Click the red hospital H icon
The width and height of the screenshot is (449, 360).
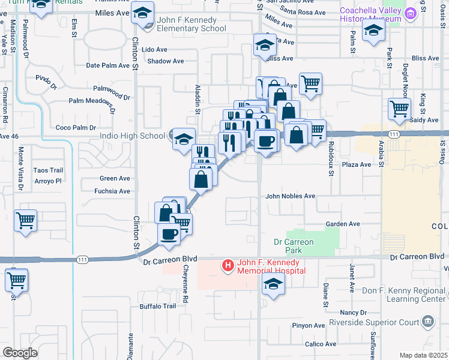[x=228, y=265]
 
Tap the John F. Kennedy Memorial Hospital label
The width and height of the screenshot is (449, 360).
[x=271, y=266]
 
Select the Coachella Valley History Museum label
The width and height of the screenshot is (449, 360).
[x=370, y=15]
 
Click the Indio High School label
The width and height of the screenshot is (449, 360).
[x=131, y=136]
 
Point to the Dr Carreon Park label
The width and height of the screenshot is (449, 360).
[x=294, y=246]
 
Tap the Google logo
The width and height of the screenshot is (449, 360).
[x=20, y=353]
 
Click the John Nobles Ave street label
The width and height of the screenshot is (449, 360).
[x=291, y=196]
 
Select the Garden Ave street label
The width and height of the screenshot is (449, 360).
[x=343, y=224]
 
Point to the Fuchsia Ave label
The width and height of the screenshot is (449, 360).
[x=112, y=191]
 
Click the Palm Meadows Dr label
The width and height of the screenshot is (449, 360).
[x=92, y=102]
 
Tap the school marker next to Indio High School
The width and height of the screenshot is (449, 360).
[x=184, y=140]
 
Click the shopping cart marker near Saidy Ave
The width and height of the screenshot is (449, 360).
[x=400, y=109]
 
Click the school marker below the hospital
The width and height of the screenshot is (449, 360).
[x=273, y=284]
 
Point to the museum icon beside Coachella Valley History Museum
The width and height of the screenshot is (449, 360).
[x=409, y=14]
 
